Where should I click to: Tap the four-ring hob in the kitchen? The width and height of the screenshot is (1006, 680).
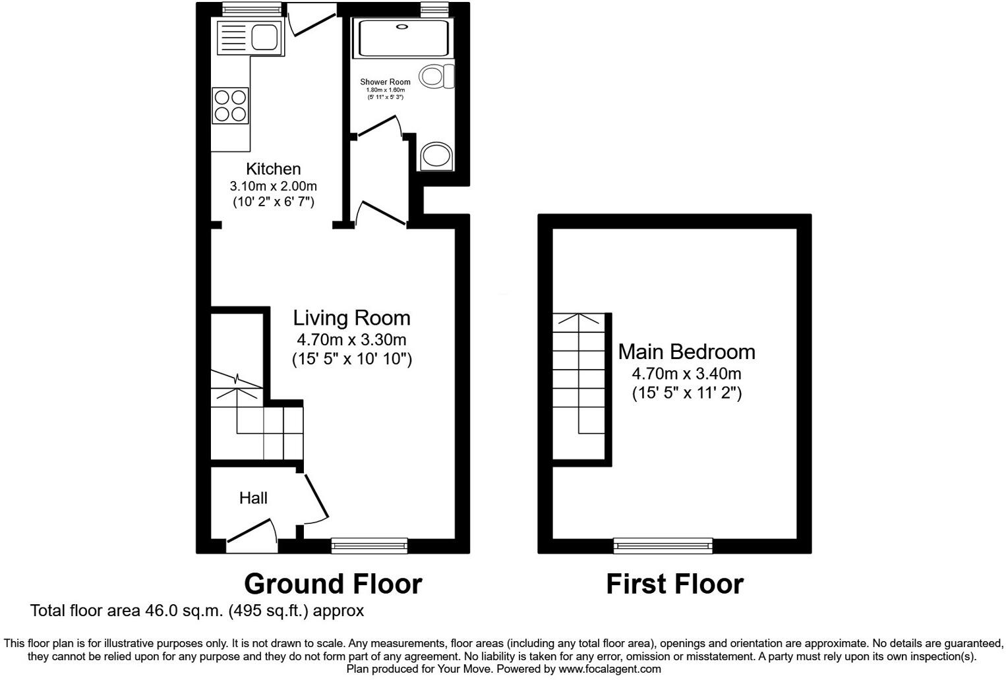[x=231, y=105]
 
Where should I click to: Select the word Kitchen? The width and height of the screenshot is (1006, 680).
[x=273, y=169]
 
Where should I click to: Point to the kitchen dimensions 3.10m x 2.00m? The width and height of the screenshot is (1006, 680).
[x=273, y=186]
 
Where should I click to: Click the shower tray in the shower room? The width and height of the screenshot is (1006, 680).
[x=402, y=37]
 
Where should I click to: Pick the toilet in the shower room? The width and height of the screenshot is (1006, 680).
[x=437, y=76]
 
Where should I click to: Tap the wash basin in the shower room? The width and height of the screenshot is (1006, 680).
[x=436, y=156]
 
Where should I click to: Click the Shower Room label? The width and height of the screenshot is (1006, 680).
[x=385, y=82]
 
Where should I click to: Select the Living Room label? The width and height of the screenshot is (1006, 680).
[x=351, y=318]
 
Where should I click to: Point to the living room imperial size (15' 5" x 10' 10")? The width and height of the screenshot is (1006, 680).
[x=351, y=359]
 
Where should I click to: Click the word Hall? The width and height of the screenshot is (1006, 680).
[x=253, y=498]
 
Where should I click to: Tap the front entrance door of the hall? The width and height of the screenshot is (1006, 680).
[x=251, y=535]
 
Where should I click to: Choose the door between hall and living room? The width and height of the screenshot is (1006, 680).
[x=314, y=497]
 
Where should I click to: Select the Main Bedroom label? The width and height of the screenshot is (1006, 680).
[x=686, y=351]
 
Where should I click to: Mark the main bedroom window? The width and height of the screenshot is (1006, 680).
[x=663, y=544]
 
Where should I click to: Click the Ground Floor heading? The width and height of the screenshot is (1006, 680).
[x=333, y=584]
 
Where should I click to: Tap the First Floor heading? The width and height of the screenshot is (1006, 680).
[x=674, y=584]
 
